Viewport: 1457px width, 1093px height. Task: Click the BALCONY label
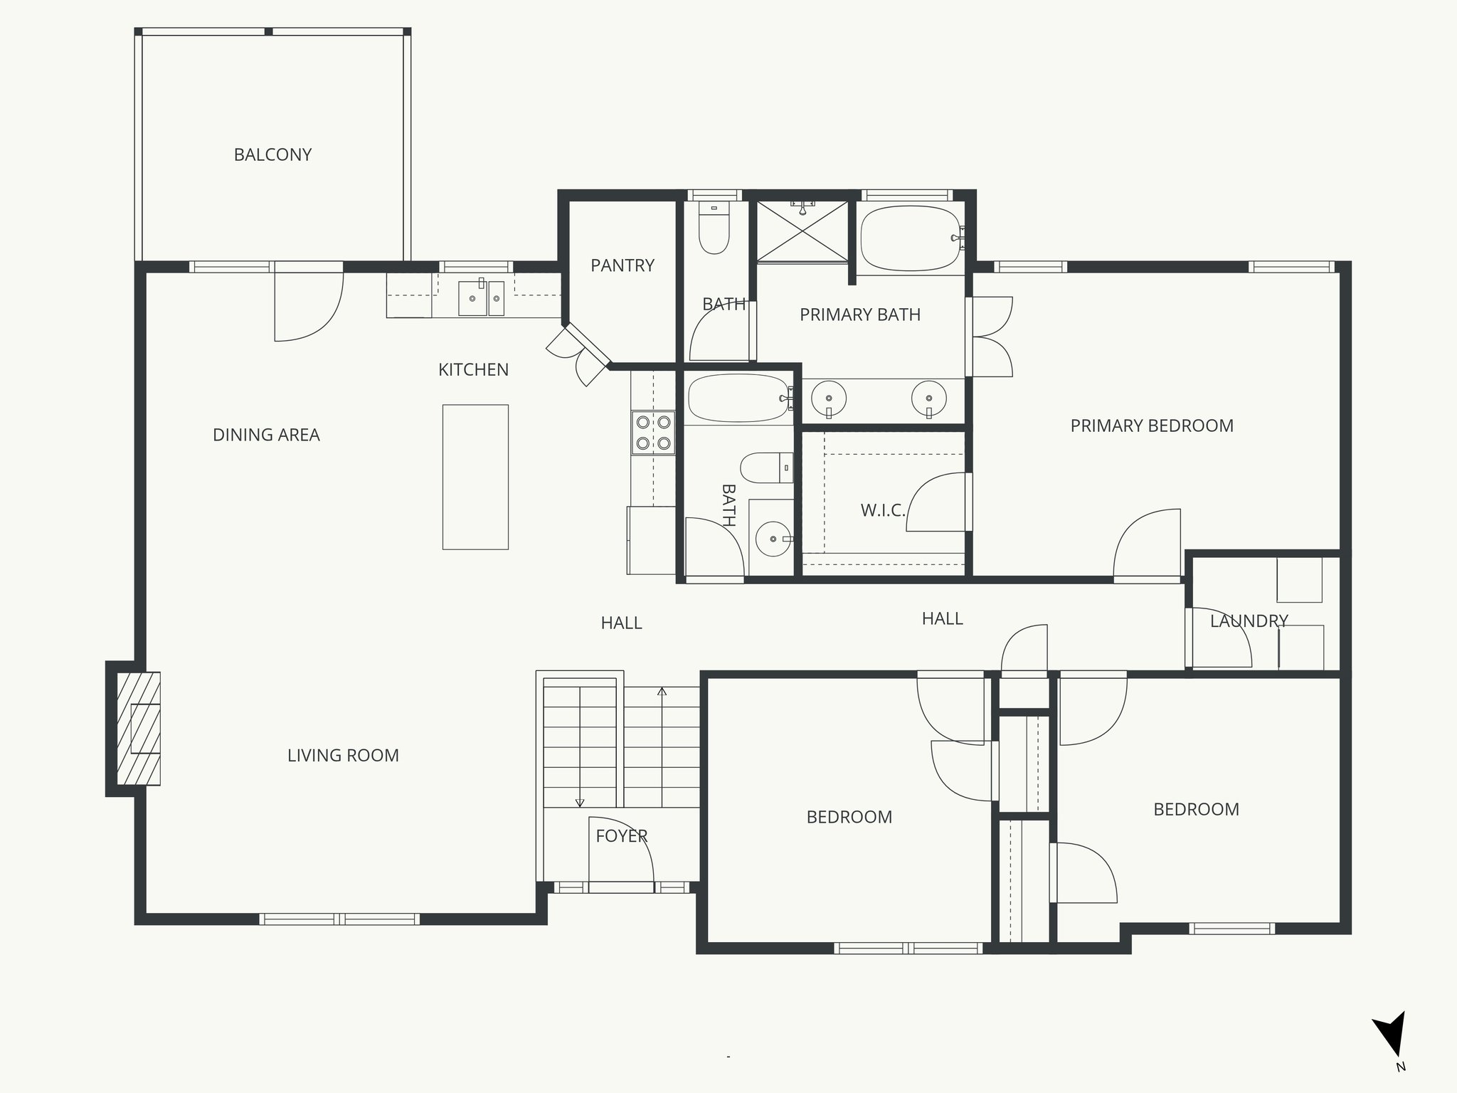[272, 154]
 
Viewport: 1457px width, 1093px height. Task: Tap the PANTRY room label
[622, 265]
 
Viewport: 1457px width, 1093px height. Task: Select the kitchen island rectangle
[475, 477]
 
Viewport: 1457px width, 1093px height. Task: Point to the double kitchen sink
[481, 297]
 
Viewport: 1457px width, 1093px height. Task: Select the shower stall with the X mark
[802, 231]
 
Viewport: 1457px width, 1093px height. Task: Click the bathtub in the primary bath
[911, 238]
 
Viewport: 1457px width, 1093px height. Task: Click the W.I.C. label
[882, 510]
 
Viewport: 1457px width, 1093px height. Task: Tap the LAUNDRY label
[1249, 621]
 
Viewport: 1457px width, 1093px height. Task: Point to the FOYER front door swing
[620, 854]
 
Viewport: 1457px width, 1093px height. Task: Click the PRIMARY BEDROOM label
[1152, 426]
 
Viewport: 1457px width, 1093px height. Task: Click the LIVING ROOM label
[343, 755]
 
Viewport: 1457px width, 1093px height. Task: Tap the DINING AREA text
[266, 435]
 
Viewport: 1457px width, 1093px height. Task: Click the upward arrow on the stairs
[662, 692]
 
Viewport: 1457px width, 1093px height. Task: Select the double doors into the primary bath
[990, 337]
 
